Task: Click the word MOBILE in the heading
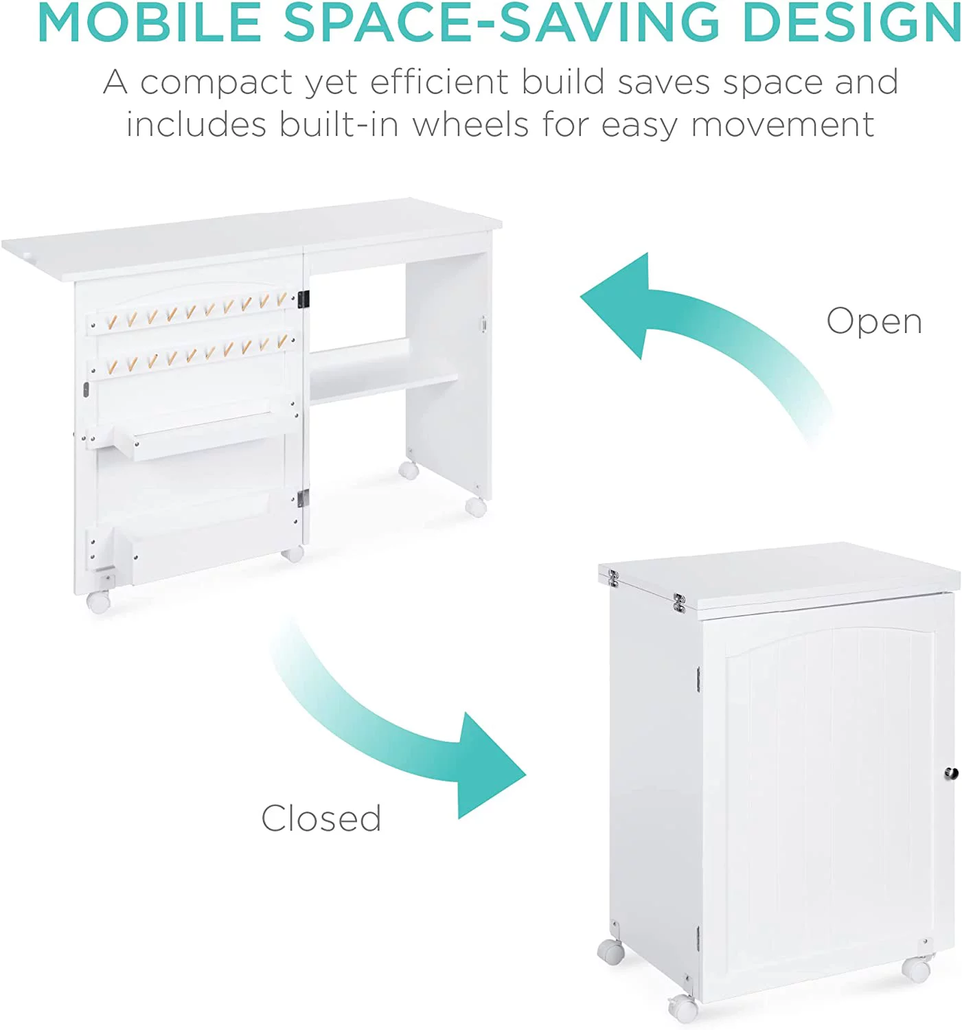coord(150,23)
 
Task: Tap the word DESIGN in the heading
coord(852,23)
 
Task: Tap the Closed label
coord(321,819)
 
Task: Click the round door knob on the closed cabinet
coord(950,774)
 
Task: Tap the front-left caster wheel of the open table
coord(99,602)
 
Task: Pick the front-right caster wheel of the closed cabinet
coord(917,969)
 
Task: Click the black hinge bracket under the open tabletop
coord(303,299)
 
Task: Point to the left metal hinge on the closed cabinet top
coord(613,579)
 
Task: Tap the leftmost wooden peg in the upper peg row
coord(111,322)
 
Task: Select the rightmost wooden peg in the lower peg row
coord(282,341)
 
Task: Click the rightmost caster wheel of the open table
coord(476,507)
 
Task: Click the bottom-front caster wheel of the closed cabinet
coord(683,1009)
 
